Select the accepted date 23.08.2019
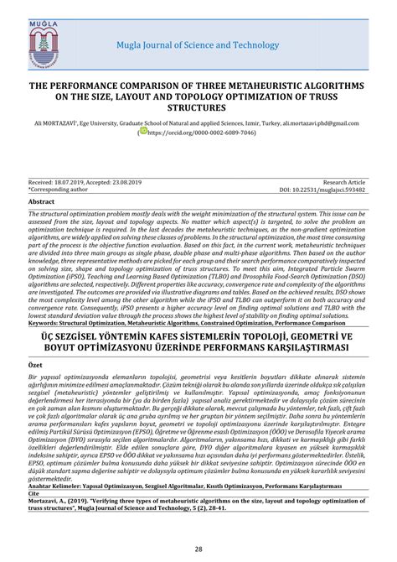[x=138, y=181]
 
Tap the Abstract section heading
[x=43, y=202]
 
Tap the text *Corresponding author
[x=59, y=189]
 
